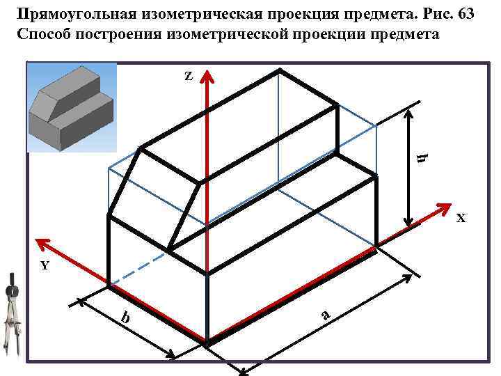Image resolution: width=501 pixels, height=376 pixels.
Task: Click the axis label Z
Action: tap(189, 75)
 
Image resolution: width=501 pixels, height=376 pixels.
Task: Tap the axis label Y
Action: tap(45, 265)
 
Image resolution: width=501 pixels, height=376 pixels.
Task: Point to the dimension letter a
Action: tap(324, 315)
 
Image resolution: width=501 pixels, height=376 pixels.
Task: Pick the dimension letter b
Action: tap(125, 318)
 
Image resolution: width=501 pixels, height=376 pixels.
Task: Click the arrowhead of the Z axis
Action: tap(207, 75)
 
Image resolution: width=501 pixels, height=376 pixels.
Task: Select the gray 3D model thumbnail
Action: tap(70, 109)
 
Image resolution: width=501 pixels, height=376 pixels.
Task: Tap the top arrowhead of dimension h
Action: tap(410, 109)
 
